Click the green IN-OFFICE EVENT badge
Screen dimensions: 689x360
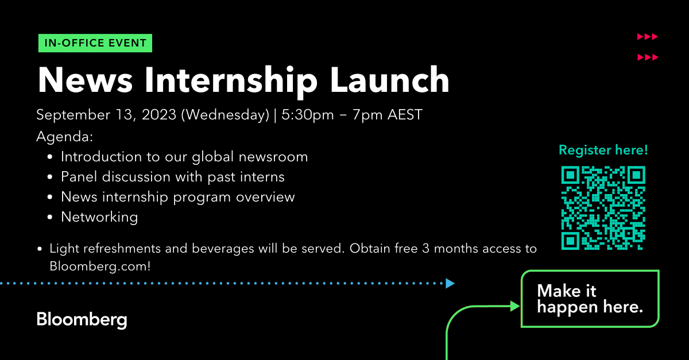(95, 43)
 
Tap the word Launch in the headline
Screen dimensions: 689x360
(389, 80)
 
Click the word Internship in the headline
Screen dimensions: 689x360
(231, 82)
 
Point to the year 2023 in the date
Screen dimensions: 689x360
(158, 115)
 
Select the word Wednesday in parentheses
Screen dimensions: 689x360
(227, 115)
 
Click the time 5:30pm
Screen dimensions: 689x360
(308, 115)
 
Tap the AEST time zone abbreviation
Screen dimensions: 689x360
(405, 115)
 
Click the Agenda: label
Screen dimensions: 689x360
(64, 136)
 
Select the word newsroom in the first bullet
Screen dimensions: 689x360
(273, 157)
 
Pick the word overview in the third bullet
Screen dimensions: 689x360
(265, 197)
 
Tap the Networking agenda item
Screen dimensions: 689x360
(99, 217)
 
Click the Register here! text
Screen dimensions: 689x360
(603, 150)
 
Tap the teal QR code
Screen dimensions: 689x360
(603, 208)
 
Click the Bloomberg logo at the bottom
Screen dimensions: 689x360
(82, 320)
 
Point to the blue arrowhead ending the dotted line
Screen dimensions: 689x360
(450, 284)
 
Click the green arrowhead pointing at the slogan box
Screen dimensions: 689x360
(515, 306)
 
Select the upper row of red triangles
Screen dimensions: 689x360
(648, 37)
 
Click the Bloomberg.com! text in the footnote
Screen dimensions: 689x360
(100, 266)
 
